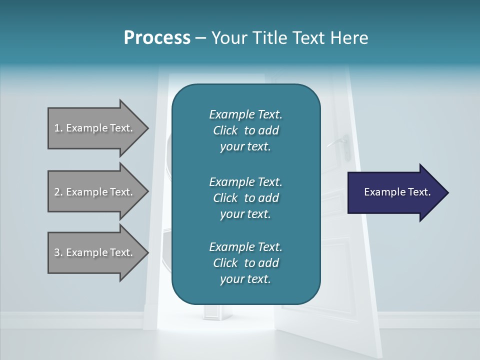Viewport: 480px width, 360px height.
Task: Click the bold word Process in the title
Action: (157, 38)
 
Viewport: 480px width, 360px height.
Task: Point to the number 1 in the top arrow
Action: (57, 128)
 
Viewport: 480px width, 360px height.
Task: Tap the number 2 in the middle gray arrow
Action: (57, 192)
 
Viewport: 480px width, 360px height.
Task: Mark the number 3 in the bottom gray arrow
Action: (57, 252)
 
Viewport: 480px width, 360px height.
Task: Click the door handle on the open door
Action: (340, 140)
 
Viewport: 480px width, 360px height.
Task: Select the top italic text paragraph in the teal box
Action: (245, 130)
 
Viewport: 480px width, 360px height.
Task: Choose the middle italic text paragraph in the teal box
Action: (245, 197)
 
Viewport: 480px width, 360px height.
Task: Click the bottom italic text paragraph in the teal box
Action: (245, 263)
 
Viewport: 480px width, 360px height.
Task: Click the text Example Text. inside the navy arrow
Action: (397, 192)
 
